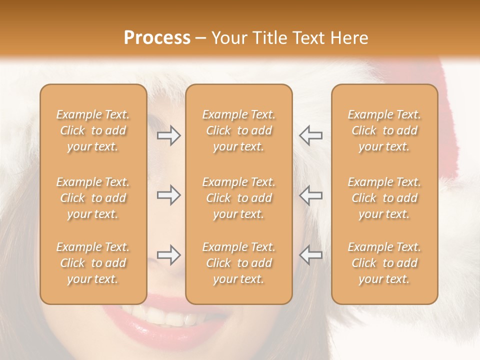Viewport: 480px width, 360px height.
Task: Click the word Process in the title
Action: pyautogui.click(x=157, y=38)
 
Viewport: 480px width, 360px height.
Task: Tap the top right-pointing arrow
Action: pyautogui.click(x=169, y=136)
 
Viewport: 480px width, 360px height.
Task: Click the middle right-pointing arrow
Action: pyautogui.click(x=169, y=195)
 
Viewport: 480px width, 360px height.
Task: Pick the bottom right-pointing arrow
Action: pyautogui.click(x=169, y=255)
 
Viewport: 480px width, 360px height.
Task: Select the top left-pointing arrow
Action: pyautogui.click(x=310, y=136)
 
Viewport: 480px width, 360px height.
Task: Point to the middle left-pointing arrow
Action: pyautogui.click(x=310, y=195)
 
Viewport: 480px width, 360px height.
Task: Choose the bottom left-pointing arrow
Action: pyautogui.click(x=310, y=255)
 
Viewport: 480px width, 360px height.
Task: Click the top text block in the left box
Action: pyautogui.click(x=93, y=131)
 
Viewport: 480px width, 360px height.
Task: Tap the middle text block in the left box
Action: pyautogui.click(x=93, y=198)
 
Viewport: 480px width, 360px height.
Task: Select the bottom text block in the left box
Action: pyautogui.click(x=93, y=263)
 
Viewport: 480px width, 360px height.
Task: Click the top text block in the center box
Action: pyautogui.click(x=238, y=131)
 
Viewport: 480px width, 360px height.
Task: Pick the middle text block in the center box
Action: pyautogui.click(x=238, y=198)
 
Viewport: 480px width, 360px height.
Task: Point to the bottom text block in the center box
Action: pyautogui.click(x=238, y=263)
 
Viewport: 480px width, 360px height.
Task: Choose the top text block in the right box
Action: pyautogui.click(x=384, y=131)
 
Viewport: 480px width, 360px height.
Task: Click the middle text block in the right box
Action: pyautogui.click(x=384, y=198)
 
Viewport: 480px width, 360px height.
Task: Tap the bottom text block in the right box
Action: pyautogui.click(x=384, y=263)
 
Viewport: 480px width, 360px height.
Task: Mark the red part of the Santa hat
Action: pyautogui.click(x=448, y=125)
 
